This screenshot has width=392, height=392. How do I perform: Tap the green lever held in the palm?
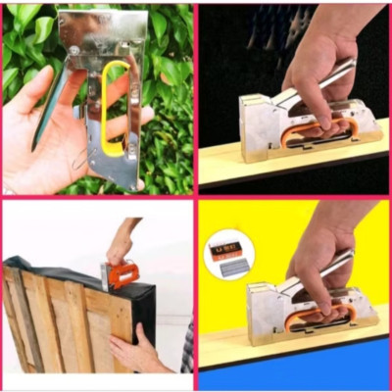click(x=51, y=107)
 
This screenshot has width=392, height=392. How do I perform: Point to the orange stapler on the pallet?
click(x=122, y=275)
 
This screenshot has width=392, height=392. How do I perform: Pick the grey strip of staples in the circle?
click(x=232, y=266)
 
